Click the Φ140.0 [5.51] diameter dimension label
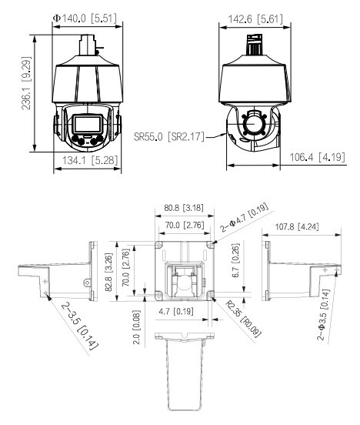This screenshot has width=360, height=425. (x=85, y=18)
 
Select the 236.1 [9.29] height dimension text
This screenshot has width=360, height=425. (x=27, y=83)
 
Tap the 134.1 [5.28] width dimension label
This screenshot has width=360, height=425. (x=90, y=160)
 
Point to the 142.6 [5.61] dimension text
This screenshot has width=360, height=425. (x=255, y=19)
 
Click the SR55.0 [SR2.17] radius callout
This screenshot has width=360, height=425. (x=169, y=136)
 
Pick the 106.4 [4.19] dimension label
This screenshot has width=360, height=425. (x=318, y=157)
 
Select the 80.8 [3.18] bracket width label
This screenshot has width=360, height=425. (x=184, y=208)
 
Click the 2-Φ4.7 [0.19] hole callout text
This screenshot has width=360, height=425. (x=245, y=217)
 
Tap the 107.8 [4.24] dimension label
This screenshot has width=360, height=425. (x=297, y=226)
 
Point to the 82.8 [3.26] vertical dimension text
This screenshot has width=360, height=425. (x=108, y=272)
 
